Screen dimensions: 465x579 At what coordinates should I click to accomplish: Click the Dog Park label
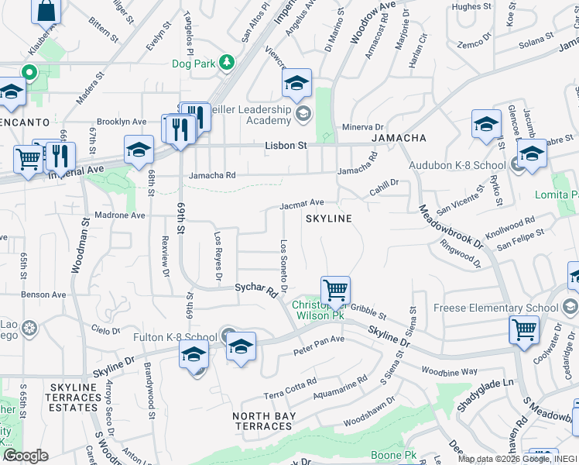tap(193, 63)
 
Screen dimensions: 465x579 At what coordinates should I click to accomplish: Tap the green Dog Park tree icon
tap(226, 62)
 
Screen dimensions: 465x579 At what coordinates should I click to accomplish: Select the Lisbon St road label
tap(286, 145)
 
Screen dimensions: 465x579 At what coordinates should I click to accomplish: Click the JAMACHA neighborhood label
tap(399, 138)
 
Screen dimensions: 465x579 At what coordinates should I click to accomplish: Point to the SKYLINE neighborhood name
tap(328, 219)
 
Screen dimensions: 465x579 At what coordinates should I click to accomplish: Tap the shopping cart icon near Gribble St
tap(335, 291)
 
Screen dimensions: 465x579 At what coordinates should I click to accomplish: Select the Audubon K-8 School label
tap(462, 165)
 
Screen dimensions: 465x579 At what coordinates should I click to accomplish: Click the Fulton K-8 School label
tap(180, 337)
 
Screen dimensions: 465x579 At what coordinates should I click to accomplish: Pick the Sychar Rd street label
tap(255, 291)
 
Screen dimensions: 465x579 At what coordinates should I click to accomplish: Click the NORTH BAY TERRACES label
tap(263, 421)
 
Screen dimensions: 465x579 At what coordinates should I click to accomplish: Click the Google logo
tap(25, 456)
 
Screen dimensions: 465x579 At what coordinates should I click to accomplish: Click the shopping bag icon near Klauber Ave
tap(46, 10)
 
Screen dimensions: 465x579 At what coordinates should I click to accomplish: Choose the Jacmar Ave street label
tap(302, 203)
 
